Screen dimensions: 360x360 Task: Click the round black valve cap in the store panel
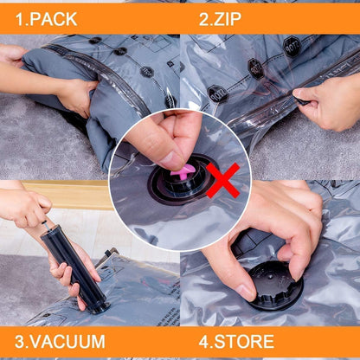click(x=276, y=286)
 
